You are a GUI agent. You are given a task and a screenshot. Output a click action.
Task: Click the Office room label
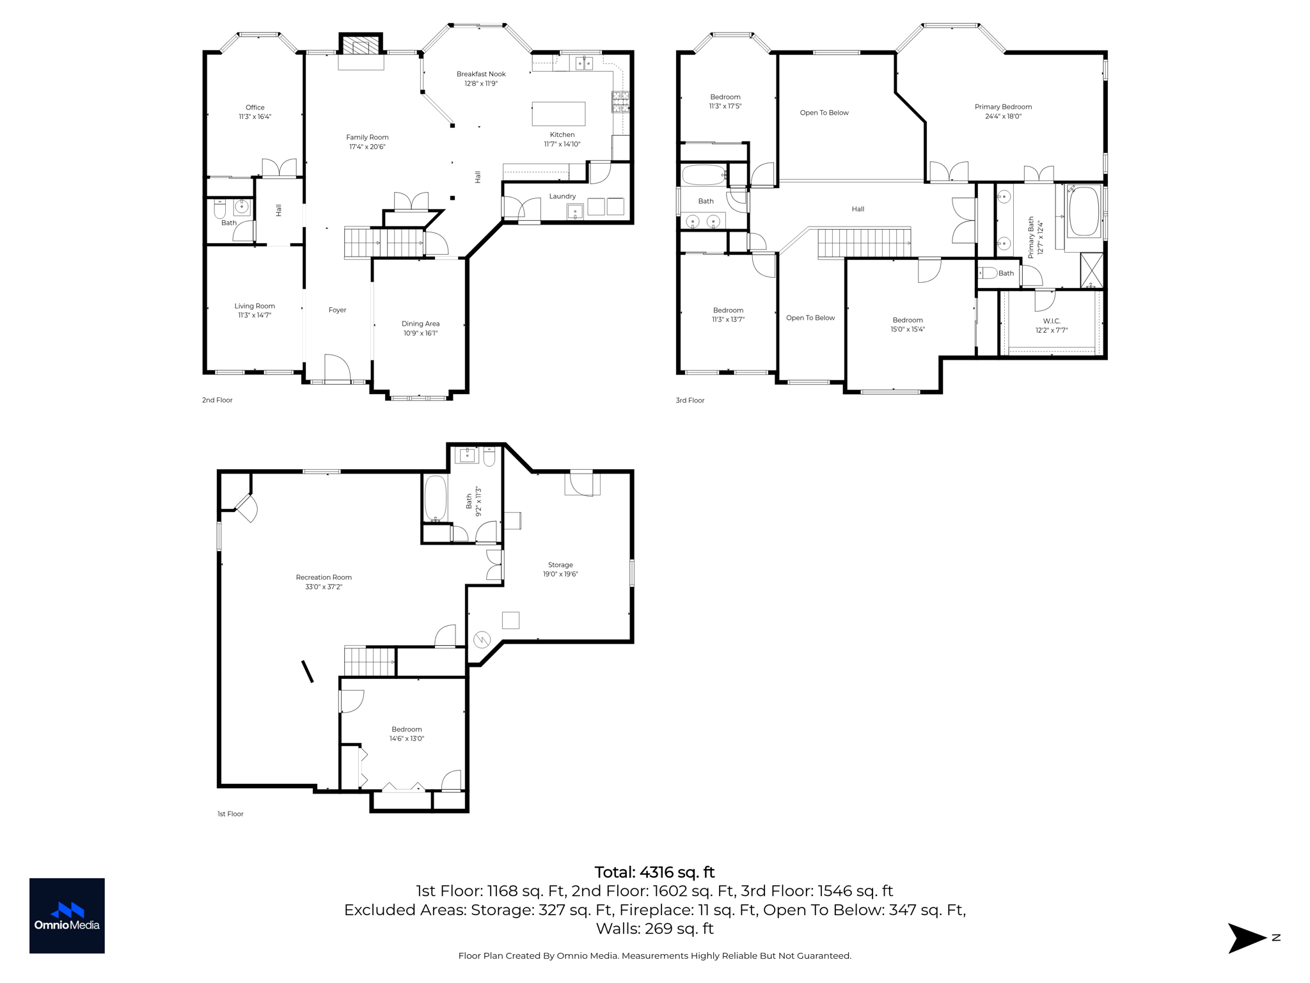[255, 108]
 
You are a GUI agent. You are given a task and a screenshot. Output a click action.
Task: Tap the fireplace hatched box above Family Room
[360, 46]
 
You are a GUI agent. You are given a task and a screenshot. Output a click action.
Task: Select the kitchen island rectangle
[558, 114]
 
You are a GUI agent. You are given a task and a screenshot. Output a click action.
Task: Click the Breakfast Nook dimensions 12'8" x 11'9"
[480, 84]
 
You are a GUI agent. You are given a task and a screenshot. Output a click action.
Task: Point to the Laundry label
[562, 196]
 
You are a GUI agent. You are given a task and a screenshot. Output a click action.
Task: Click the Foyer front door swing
[337, 367]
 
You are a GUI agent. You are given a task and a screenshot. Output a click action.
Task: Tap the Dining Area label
[420, 324]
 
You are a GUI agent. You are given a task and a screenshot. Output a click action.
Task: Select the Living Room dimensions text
[255, 316]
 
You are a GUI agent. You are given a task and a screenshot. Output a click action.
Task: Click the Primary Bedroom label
[1003, 107]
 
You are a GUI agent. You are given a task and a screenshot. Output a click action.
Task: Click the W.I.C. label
[1052, 321]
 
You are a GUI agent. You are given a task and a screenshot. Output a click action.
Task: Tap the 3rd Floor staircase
[864, 243]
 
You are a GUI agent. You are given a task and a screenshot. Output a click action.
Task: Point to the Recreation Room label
[324, 577]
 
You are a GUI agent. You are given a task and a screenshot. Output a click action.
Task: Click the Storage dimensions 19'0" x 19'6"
[560, 574]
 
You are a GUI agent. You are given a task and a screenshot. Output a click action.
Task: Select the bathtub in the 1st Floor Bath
[436, 499]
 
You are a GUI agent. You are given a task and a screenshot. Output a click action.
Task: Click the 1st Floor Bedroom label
[407, 730]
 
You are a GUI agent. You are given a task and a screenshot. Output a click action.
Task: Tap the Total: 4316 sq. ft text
[654, 872]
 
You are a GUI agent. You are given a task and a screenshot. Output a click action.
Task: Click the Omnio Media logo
[67, 916]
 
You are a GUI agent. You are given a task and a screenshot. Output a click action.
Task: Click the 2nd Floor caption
[217, 400]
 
